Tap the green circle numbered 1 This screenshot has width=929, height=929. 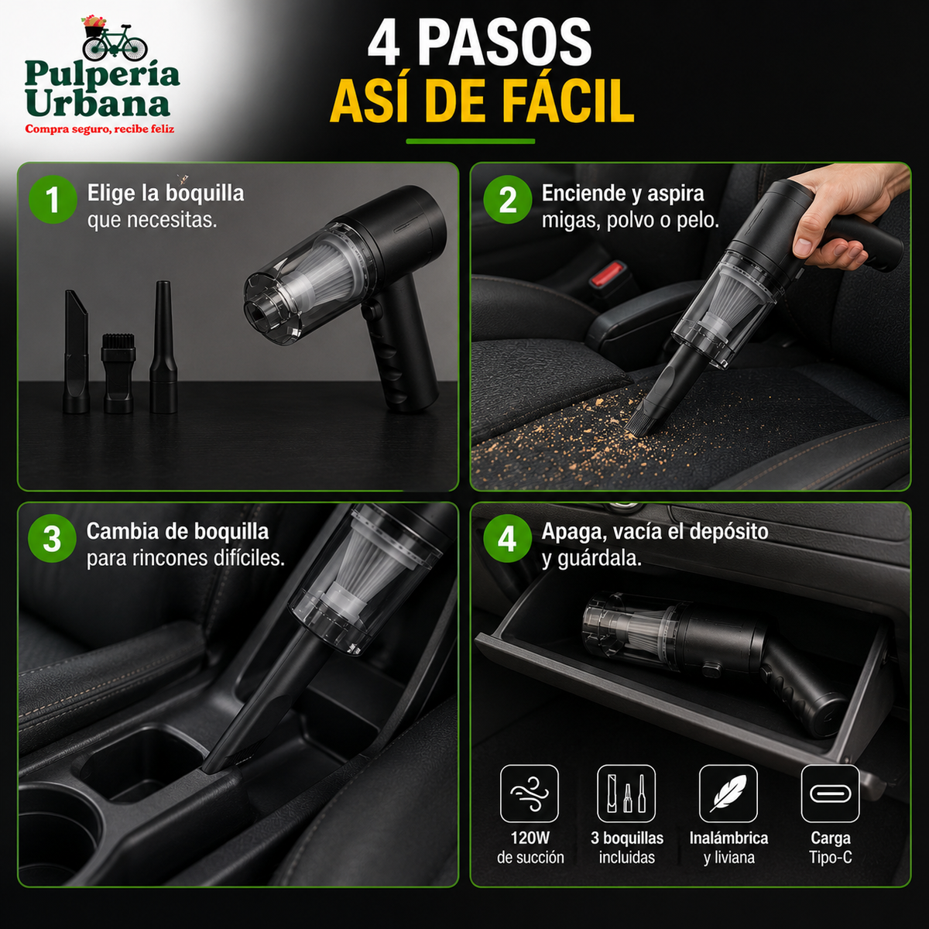coord(53,200)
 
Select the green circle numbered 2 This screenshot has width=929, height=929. coord(508,200)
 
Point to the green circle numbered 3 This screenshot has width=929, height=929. coord(52,539)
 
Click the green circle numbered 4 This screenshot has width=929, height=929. coord(507,539)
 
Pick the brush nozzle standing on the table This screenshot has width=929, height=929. coord(118,372)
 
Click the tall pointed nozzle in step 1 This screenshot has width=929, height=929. coord(163,347)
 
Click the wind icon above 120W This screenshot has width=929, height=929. coord(530,794)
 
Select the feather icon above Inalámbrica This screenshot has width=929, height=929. coord(728,794)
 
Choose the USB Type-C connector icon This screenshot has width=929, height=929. coord(830,794)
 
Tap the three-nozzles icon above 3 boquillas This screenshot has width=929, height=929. coord(626,794)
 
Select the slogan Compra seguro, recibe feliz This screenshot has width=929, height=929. coord(99,129)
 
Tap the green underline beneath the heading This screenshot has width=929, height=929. coord(471,141)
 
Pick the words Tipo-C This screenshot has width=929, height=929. coord(830,858)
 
